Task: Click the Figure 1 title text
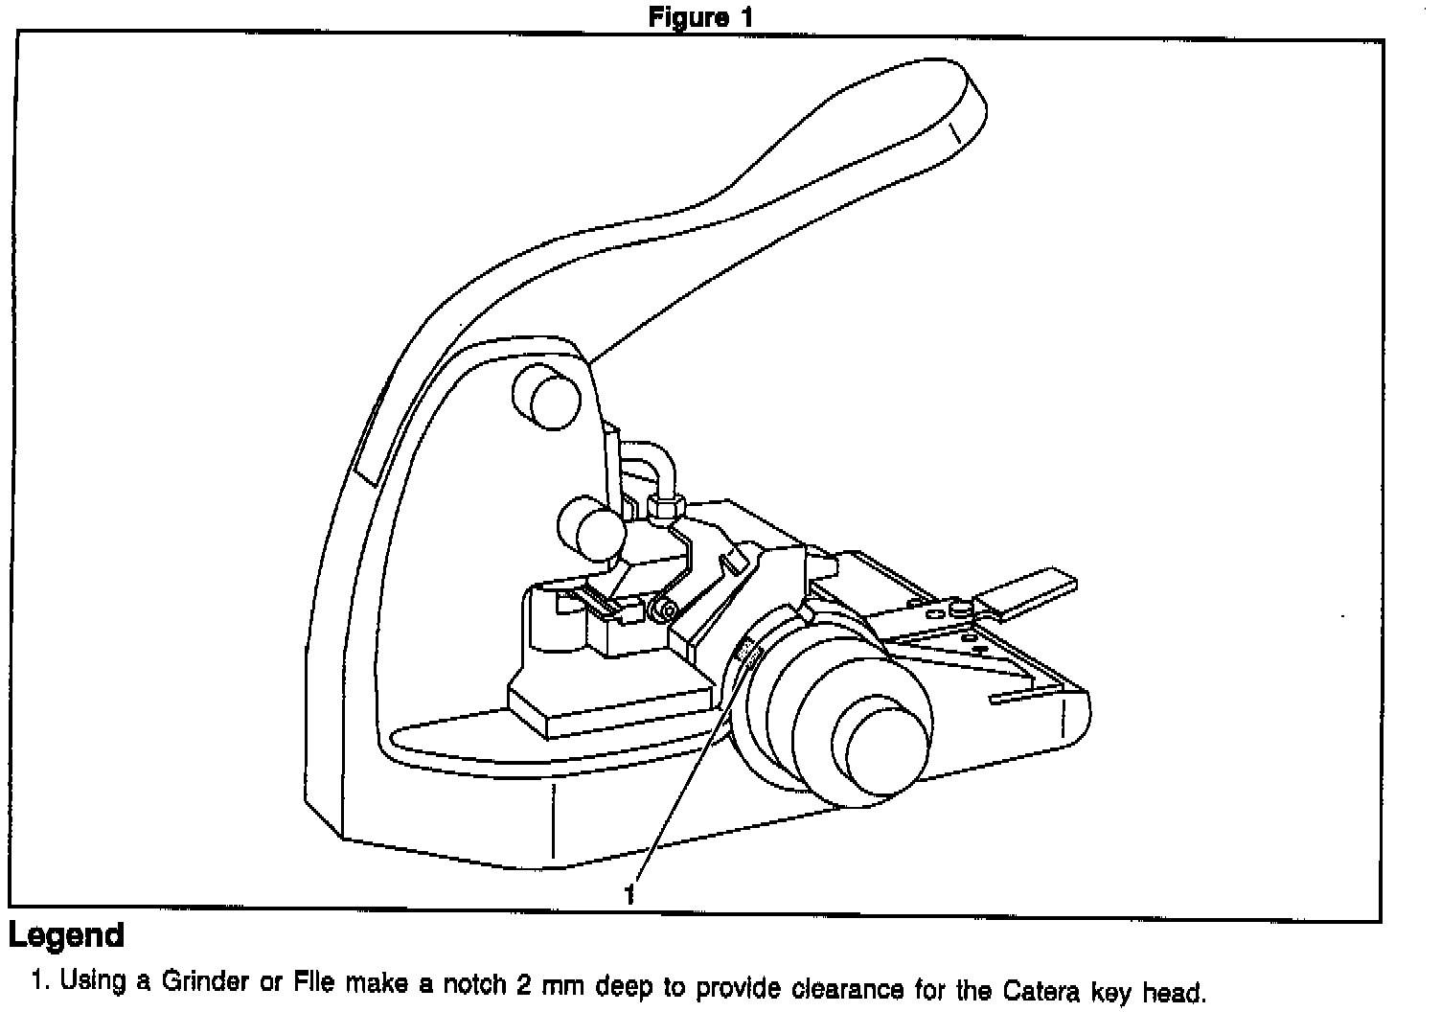700,16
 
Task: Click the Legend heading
66,935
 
